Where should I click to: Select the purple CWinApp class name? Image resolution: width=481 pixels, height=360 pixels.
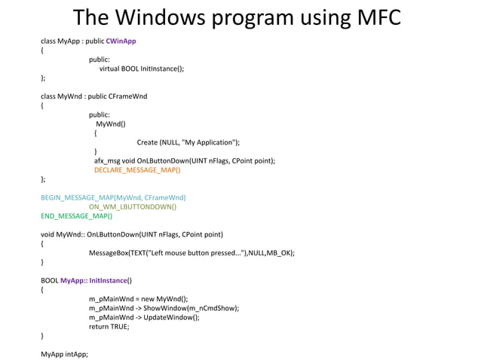(x=121, y=41)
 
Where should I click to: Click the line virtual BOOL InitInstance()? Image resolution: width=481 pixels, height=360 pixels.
(x=142, y=69)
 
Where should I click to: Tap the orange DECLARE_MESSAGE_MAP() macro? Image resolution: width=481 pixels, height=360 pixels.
(x=137, y=170)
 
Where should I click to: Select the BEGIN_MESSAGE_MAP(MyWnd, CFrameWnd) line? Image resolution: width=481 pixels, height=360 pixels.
(x=113, y=197)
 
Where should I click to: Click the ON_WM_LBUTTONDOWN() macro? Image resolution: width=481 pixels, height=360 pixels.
(x=133, y=206)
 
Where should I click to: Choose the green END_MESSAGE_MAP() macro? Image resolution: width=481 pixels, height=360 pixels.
(x=76, y=216)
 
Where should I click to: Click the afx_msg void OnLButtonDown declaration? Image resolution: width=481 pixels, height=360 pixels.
(x=184, y=160)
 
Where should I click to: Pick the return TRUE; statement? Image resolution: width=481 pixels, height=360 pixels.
(x=109, y=327)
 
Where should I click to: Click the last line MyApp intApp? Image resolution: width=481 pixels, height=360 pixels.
(x=64, y=354)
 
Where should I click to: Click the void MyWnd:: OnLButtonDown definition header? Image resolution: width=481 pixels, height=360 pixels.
(x=131, y=234)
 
